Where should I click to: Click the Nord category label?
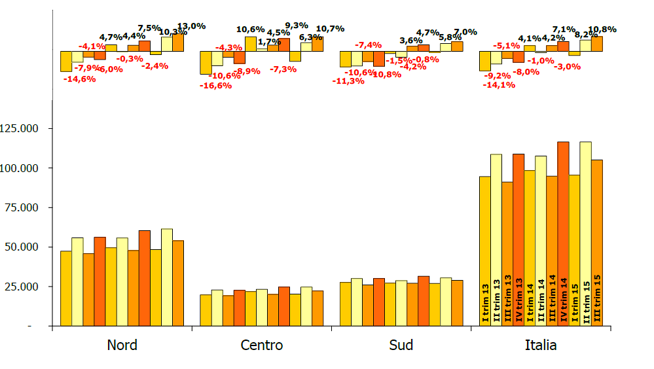point(122,345)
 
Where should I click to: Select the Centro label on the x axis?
point(262,345)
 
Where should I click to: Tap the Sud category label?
point(401,345)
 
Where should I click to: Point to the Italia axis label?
point(541,345)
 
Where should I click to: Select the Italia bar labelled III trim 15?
point(596,243)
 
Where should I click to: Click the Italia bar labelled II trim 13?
point(496,239)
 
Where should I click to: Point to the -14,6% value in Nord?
point(79,79)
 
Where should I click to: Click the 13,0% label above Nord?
point(191,26)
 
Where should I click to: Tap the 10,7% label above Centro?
point(330,29)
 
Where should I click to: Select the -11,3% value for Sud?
point(348,81)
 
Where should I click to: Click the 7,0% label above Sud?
point(465,32)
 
